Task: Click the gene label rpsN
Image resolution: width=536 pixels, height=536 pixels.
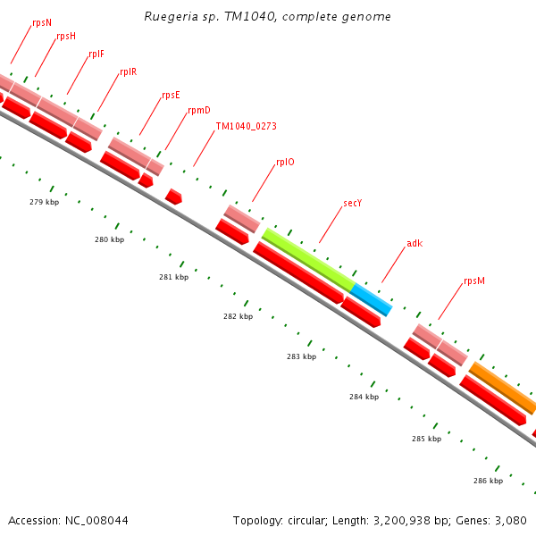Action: (41, 21)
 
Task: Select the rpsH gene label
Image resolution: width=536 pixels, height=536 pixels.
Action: (66, 36)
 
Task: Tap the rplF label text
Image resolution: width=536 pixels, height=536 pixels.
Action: (96, 54)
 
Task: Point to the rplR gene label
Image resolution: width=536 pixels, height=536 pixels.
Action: (128, 72)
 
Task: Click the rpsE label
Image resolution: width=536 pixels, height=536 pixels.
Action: (171, 95)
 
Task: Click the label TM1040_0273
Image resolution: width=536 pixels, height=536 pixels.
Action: (246, 127)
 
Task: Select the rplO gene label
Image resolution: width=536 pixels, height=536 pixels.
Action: (285, 163)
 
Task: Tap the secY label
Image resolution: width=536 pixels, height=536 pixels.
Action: (352, 204)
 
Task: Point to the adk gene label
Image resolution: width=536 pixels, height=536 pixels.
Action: (415, 243)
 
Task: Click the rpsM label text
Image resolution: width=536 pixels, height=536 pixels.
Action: (474, 281)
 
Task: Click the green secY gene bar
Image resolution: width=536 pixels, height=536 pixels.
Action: (308, 259)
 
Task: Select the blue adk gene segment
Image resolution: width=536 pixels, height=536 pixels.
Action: (372, 299)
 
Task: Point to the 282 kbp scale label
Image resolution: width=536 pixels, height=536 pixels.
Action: (238, 316)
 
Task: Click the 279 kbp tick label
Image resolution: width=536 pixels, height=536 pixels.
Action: (44, 202)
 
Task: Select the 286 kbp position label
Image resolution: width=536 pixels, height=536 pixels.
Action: (488, 481)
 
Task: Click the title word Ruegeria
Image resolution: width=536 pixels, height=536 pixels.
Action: (169, 17)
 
